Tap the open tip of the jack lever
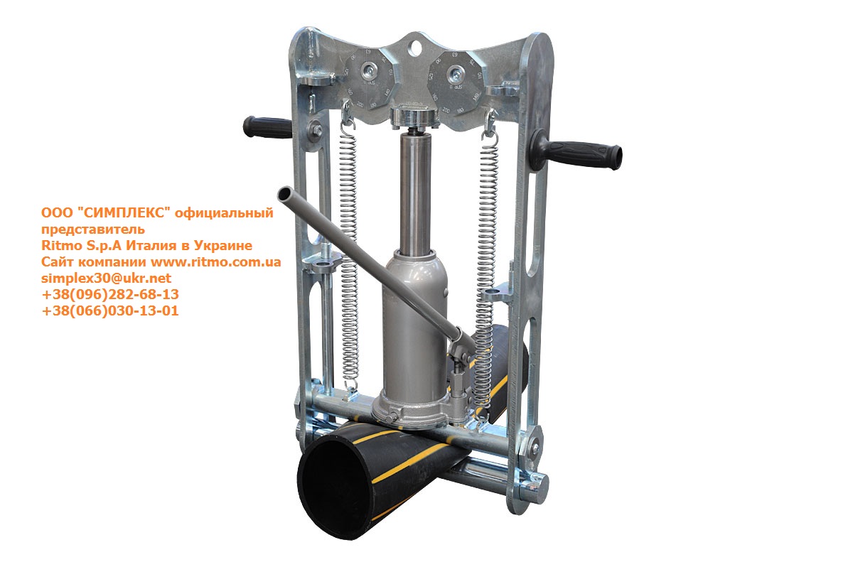[284, 194]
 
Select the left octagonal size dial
[370, 79]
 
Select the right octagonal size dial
[454, 82]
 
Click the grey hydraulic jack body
[414, 335]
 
